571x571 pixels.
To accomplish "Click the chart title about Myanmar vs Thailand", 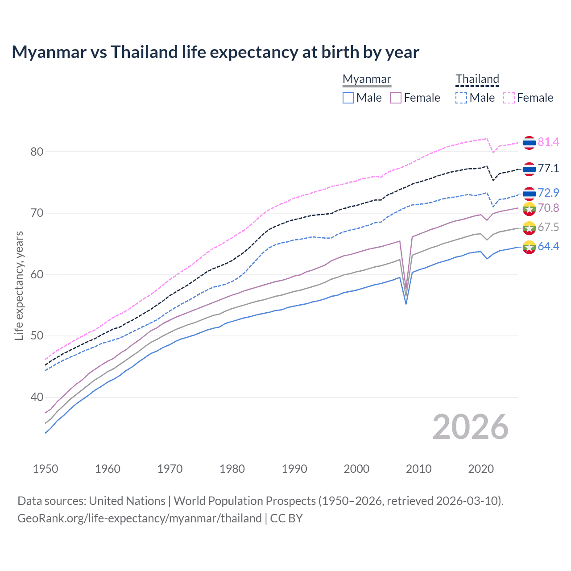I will pos(215,52).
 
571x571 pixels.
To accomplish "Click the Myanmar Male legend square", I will pos(348,98).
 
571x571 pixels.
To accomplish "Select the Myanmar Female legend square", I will pos(396,98).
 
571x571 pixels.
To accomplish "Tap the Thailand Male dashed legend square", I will pos(461,98).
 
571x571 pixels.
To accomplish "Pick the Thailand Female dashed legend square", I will pos(509,98).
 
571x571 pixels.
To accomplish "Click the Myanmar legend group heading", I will pos(367,79).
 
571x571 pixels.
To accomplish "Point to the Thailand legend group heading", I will pos(477,79).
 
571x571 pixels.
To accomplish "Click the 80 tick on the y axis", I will pos(37,152).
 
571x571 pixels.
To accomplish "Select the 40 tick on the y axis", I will pos(37,397).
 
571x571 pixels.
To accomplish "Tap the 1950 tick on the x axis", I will pos(46,469).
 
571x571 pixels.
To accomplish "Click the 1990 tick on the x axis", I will pos(294,469).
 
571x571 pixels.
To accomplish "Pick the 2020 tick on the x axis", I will pos(481,469).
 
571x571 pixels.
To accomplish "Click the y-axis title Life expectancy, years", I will pos(19,285).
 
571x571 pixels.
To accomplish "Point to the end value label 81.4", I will pos(548,142).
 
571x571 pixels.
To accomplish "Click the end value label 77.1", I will pos(548,169).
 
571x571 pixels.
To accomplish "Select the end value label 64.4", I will pos(548,247).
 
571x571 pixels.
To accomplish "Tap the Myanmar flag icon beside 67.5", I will pos(529,228).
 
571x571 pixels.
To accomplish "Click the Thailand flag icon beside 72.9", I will pos(529,194).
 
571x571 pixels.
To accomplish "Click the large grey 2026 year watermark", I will pos(471,427).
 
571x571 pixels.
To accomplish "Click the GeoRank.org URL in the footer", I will pos(139,518).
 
